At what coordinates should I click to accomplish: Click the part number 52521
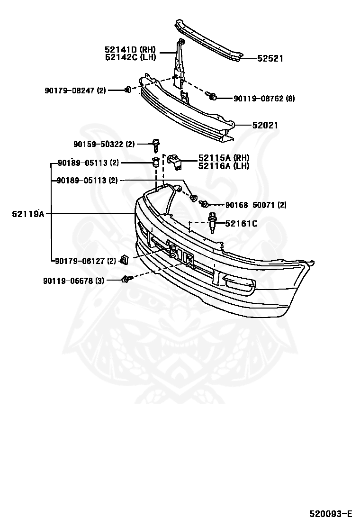(x=270, y=59)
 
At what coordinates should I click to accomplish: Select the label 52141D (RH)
(x=130, y=49)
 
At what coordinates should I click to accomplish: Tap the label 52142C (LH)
(x=130, y=57)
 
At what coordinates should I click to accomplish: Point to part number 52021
(x=265, y=126)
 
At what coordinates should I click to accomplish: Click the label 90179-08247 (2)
(x=75, y=90)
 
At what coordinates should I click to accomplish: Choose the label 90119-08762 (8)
(x=264, y=99)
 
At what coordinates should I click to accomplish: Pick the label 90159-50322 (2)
(x=104, y=144)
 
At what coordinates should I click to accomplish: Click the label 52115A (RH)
(x=224, y=158)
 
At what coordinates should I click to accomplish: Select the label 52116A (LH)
(x=224, y=166)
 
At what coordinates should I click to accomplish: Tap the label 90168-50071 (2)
(x=256, y=205)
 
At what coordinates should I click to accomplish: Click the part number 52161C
(x=241, y=223)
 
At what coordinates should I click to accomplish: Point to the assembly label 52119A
(x=28, y=214)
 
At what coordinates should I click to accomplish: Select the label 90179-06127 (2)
(x=85, y=260)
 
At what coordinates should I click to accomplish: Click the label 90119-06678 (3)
(x=73, y=281)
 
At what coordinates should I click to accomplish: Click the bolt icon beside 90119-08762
(x=213, y=97)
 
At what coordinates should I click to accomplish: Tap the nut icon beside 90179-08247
(x=127, y=90)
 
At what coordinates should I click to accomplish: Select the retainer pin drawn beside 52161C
(x=213, y=223)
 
